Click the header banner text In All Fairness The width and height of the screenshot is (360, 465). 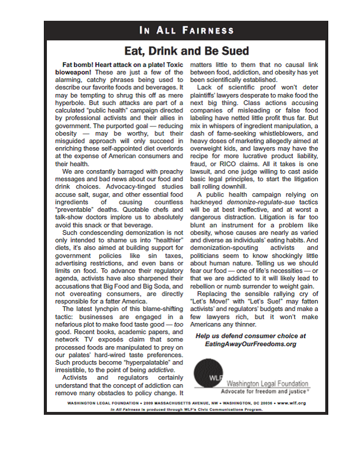point(186,30)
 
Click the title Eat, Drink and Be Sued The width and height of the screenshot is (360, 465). point(186,51)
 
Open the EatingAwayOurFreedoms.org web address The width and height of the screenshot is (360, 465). point(250,344)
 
